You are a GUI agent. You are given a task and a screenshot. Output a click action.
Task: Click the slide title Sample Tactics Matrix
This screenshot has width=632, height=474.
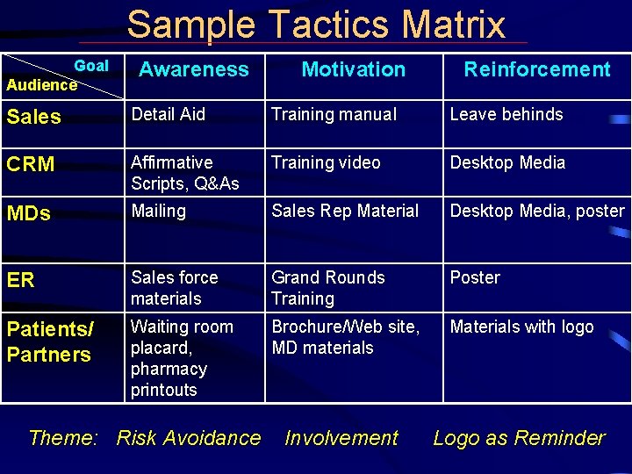coord(316,25)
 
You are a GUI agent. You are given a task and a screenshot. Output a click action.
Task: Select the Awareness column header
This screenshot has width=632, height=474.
coord(194,69)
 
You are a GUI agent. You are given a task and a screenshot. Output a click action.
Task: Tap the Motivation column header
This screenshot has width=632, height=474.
coord(353,69)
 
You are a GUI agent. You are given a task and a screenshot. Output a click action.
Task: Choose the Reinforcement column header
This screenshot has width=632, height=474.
coord(536,69)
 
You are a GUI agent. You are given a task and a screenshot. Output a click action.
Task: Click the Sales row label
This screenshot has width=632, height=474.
coord(34,117)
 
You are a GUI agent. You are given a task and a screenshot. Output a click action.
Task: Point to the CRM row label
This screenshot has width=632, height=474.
coord(31,164)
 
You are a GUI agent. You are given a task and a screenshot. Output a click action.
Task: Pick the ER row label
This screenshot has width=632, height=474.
coord(21,280)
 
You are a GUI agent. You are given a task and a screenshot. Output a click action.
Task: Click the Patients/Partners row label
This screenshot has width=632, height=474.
coord(49,341)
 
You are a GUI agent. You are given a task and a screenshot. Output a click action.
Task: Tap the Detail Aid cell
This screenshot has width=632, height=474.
coord(168,114)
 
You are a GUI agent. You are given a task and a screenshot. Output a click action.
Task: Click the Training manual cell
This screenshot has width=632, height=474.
coord(334,114)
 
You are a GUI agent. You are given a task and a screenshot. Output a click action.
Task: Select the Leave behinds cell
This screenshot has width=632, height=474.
coord(506,114)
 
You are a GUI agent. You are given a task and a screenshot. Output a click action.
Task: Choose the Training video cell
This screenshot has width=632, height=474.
coord(326,162)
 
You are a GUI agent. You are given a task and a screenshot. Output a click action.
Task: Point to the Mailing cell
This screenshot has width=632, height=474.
coord(158,211)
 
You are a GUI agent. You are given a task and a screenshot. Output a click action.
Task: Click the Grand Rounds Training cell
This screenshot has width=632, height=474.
coord(327,288)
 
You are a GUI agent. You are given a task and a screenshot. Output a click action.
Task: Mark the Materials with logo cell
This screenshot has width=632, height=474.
coord(521,327)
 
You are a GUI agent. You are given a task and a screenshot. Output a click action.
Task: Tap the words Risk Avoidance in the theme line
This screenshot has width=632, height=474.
coord(188,437)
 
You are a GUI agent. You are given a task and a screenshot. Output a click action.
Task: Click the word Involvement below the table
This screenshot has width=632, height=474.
coord(341,437)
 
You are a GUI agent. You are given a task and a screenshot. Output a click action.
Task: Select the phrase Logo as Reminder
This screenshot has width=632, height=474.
coord(519,437)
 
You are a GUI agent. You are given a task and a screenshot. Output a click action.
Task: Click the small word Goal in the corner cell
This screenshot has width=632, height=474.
coord(91,66)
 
